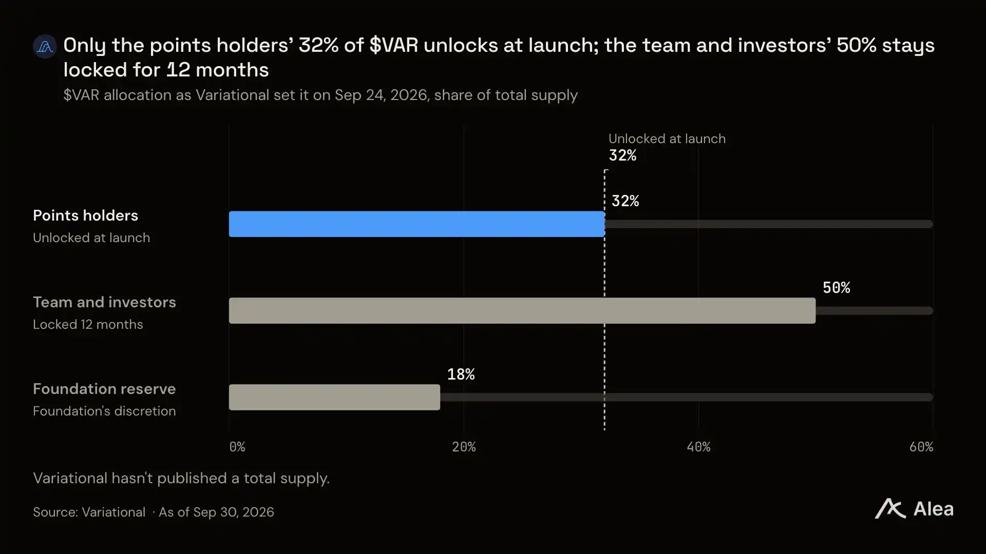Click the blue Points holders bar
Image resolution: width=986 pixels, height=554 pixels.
416,224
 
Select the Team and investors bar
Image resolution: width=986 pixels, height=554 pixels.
522,310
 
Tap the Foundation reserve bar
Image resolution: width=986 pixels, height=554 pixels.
334,397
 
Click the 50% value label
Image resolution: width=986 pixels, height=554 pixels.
836,287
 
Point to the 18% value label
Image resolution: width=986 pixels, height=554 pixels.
461,374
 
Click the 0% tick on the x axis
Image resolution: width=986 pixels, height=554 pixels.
237,447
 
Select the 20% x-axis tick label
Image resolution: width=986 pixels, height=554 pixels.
464,447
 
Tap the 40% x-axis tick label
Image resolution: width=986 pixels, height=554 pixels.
698,447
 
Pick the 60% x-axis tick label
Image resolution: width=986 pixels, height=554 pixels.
921,447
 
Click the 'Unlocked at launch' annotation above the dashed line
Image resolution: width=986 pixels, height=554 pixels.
667,138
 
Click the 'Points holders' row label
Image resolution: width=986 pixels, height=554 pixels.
85,215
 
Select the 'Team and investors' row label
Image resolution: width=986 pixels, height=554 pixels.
104,302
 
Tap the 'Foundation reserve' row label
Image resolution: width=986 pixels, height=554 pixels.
104,389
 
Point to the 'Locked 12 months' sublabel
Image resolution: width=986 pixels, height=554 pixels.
88,324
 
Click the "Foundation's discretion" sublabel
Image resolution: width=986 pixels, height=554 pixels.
104,411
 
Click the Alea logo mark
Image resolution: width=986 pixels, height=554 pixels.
890,509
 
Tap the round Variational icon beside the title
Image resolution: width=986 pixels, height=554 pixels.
45,46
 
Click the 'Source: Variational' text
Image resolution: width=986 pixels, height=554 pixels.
89,512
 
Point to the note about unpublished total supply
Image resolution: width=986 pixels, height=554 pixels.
181,478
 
